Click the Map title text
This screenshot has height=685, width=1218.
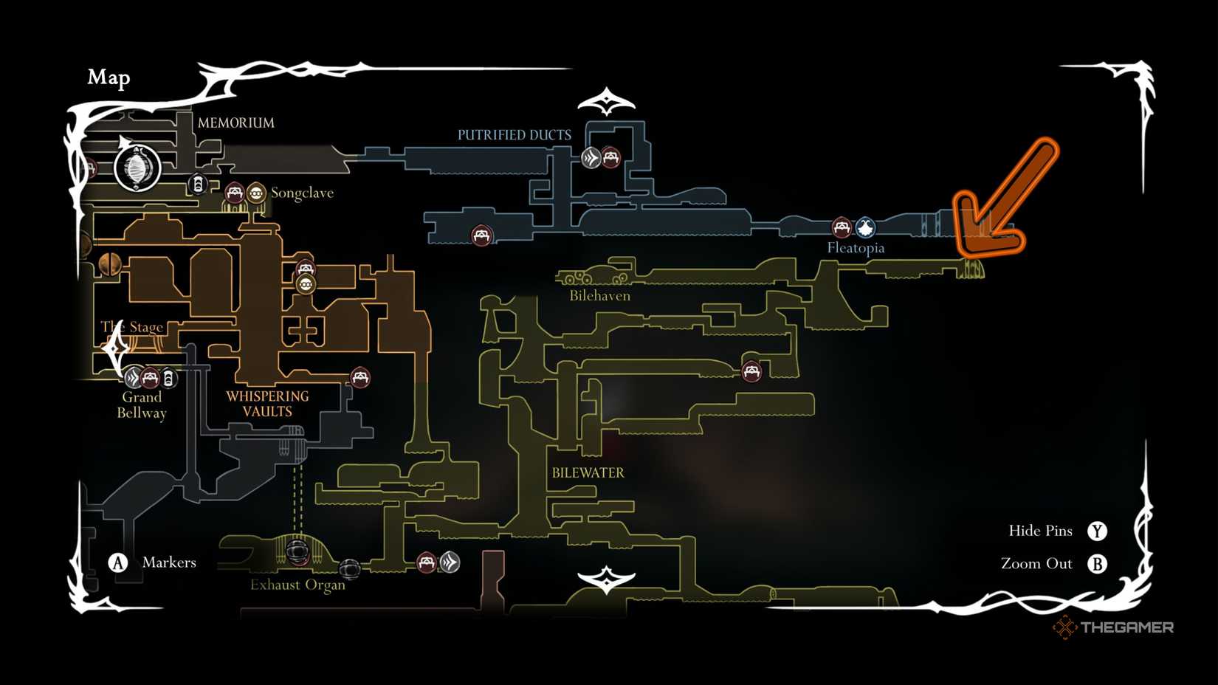coord(109,78)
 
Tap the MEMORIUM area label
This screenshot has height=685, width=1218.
coord(235,123)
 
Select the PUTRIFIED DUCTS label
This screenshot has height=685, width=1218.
coord(514,135)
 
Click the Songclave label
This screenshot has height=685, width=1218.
coord(302,193)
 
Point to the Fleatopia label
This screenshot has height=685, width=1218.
coord(856,248)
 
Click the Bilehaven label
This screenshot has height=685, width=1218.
coord(599,296)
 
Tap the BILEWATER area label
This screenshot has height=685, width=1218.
coord(588,473)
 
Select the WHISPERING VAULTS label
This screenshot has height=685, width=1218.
coord(267,404)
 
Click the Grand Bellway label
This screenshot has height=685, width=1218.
coord(142,405)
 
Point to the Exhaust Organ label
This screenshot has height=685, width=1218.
coord(297,585)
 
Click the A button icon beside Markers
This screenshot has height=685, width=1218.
coord(118,563)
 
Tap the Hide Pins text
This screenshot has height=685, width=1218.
coord(1040,531)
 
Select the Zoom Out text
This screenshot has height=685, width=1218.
coord(1036,564)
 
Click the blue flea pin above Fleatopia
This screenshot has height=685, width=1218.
coord(865,227)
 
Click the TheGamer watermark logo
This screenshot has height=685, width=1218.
coord(1113,627)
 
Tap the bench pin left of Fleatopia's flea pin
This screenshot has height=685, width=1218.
coord(842,227)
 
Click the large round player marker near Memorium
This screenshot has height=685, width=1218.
coord(137,168)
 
